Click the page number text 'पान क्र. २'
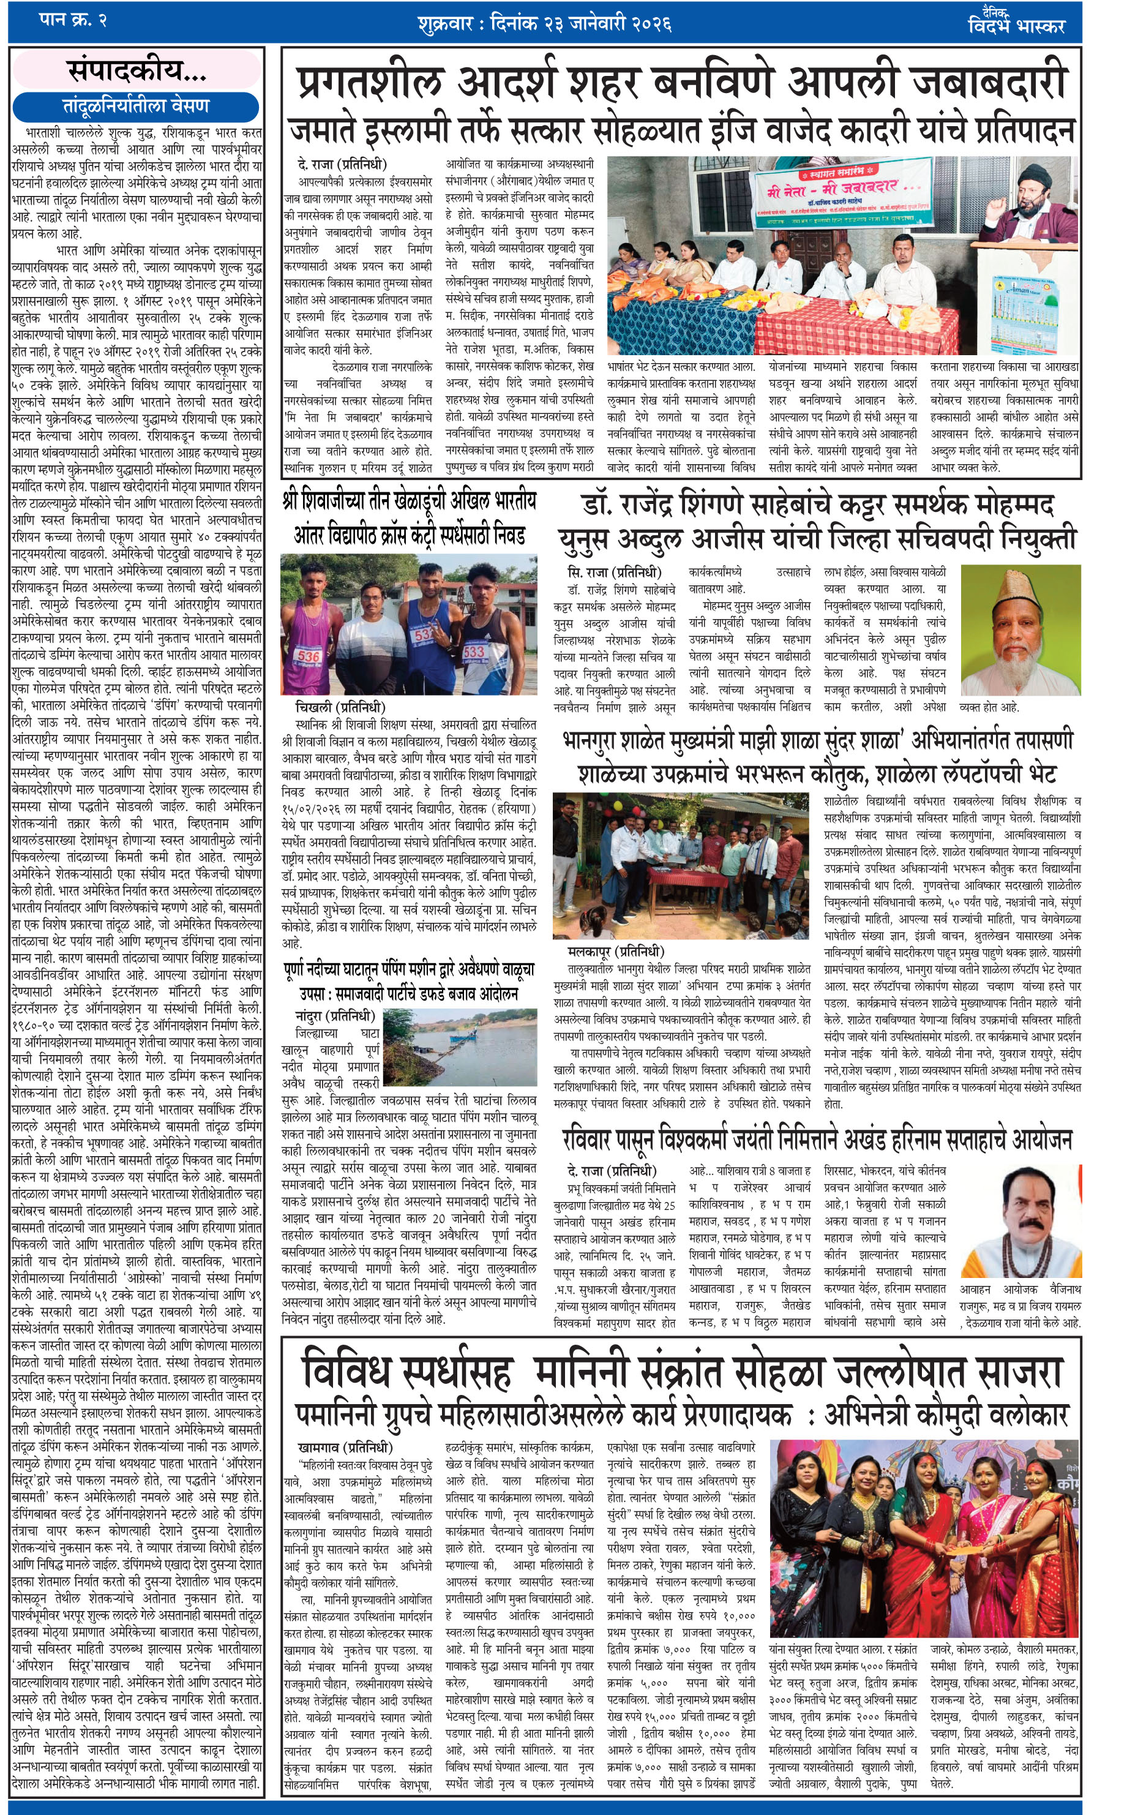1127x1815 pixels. [x=73, y=21]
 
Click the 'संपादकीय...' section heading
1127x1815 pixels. [x=137, y=71]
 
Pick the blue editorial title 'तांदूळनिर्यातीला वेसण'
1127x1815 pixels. [x=136, y=106]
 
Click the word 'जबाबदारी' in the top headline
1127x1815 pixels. [x=990, y=82]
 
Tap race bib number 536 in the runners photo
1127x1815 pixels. [x=308, y=656]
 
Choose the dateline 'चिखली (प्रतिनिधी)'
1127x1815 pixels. [x=340, y=707]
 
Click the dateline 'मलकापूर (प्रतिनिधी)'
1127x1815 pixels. [x=616, y=951]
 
